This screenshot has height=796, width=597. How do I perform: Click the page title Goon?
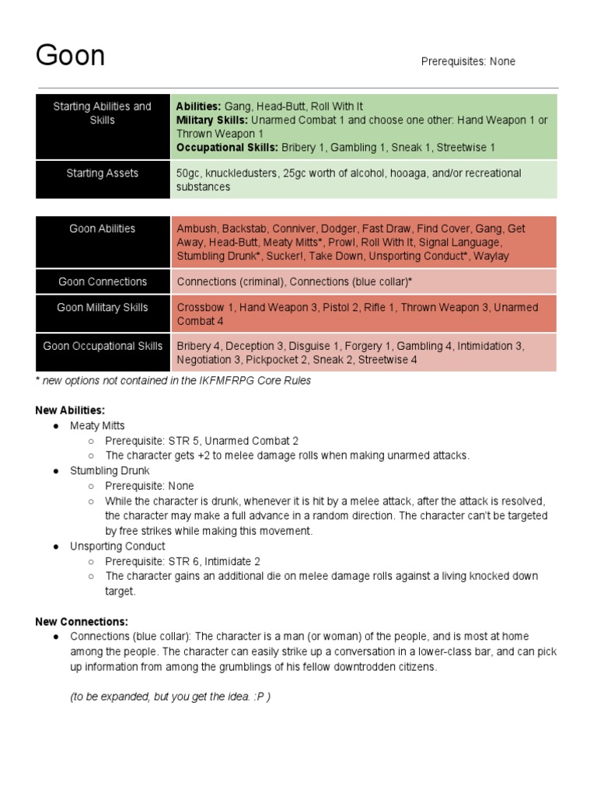click(x=71, y=56)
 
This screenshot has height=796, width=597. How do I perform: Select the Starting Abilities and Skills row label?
click(x=102, y=113)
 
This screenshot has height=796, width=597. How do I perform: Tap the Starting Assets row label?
click(x=102, y=173)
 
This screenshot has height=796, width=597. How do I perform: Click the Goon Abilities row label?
click(x=102, y=229)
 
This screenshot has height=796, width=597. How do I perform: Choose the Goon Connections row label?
click(x=102, y=281)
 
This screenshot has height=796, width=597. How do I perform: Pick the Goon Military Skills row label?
click(x=102, y=307)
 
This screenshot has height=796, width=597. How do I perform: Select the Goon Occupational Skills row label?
click(x=102, y=346)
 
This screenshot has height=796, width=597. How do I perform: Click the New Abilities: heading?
click(x=70, y=410)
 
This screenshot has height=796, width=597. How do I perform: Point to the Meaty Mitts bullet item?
click(x=97, y=426)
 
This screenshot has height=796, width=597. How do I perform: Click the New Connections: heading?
click(x=82, y=622)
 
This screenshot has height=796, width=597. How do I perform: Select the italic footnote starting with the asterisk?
click(x=173, y=381)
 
